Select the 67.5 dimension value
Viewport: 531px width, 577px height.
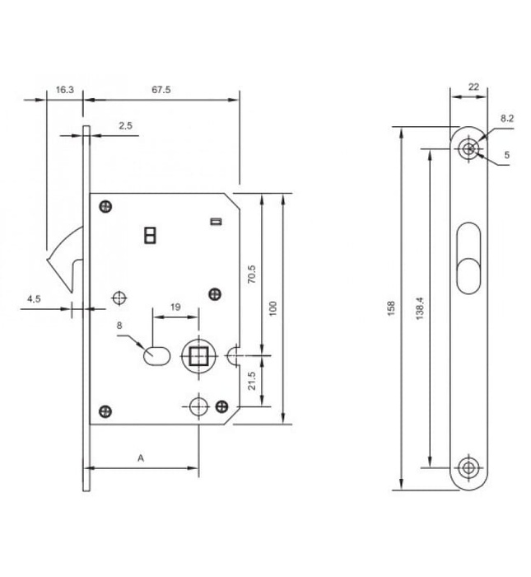click(161, 90)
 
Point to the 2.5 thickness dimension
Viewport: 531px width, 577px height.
click(126, 126)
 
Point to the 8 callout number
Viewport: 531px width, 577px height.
click(119, 326)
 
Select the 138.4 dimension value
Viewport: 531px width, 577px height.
click(420, 307)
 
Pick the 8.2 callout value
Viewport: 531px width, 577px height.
click(506, 119)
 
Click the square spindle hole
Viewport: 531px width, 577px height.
click(198, 357)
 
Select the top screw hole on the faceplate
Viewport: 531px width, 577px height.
click(468, 149)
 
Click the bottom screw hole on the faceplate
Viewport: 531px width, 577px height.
click(468, 467)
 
